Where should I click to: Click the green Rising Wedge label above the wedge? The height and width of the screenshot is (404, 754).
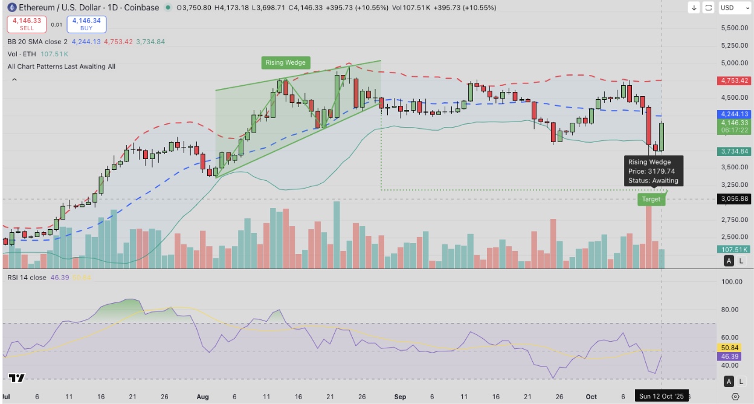(x=286, y=62)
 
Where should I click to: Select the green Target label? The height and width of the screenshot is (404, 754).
(x=651, y=199)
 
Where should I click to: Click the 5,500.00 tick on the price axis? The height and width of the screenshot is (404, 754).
(x=735, y=28)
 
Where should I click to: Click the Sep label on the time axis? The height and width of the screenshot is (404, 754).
(x=400, y=397)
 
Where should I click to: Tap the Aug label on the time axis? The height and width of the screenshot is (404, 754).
(x=202, y=397)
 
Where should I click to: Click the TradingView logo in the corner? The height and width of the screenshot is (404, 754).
(x=17, y=378)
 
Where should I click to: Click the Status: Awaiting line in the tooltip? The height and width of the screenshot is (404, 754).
(x=653, y=181)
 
